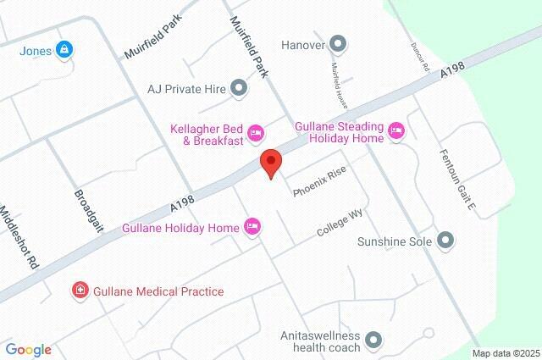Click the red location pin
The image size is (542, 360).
click(270, 162)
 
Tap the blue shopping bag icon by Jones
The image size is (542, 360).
click(64, 50)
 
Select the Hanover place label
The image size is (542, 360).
click(303, 43)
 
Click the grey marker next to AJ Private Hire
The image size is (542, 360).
click(240, 86)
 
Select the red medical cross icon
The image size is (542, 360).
click(80, 291)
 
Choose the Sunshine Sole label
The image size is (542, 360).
click(394, 241)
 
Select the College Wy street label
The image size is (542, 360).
click(340, 222)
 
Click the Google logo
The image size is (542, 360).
click(28, 349)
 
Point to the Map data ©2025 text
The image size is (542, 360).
click(505, 353)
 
